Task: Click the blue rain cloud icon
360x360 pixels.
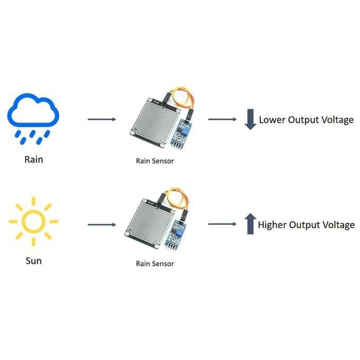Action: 33,114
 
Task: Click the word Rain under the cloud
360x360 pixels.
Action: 33,158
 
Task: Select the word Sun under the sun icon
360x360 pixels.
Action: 33,260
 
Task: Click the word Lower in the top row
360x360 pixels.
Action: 272,120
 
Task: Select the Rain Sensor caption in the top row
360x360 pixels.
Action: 155,161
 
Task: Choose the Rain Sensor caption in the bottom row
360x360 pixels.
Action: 155,263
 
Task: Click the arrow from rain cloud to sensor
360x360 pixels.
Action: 102,119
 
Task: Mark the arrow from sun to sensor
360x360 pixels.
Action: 102,224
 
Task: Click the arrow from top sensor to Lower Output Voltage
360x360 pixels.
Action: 222,119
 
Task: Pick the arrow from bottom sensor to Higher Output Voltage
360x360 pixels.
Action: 222,224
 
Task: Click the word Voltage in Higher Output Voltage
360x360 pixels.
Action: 337,225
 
